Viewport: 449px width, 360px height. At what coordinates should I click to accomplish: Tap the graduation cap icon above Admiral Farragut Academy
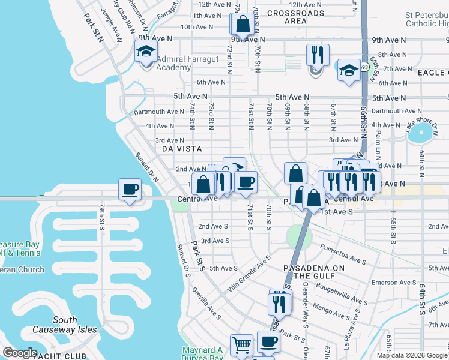[x=146, y=52]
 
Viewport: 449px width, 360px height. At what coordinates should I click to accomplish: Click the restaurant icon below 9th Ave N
[x=317, y=55]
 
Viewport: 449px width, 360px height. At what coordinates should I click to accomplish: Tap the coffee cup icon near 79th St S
[x=130, y=190]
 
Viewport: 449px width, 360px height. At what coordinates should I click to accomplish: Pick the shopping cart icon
[x=241, y=345]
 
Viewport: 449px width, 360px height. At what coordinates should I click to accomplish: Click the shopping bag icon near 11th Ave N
[x=243, y=25]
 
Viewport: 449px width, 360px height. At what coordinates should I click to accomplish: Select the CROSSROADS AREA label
[x=295, y=17]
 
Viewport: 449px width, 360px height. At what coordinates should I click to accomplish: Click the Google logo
[x=20, y=353]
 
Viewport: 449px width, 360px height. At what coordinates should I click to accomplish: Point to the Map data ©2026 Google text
[x=412, y=355]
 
